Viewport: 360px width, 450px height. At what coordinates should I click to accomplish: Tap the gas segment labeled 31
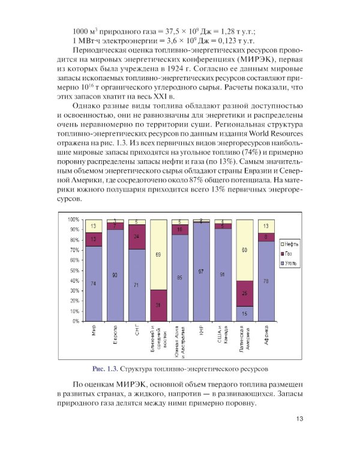pos(158,305)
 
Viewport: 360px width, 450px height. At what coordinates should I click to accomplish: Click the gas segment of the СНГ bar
pos(136,237)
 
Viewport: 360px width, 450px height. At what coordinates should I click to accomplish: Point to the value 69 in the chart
pos(158,254)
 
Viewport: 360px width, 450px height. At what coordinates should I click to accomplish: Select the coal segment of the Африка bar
pos(266,281)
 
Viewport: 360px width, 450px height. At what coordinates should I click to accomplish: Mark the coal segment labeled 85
pos(180,278)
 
